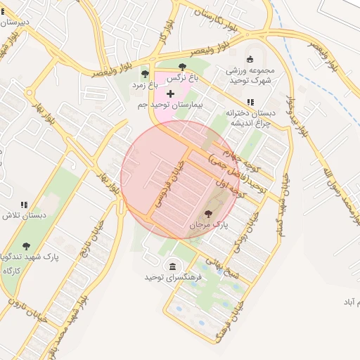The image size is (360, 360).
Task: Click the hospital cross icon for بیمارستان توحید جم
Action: pyautogui.click(x=170, y=94)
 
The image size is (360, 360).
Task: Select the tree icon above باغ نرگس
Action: pyautogui.click(x=183, y=67)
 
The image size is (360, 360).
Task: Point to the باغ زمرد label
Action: pyautogui.click(x=145, y=84)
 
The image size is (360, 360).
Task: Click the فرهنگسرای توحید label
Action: pyautogui.click(x=173, y=277)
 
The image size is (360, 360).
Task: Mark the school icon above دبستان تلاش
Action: pyautogui.click(x=24, y=205)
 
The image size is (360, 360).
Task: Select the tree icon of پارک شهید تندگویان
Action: pyautogui.click(x=26, y=246)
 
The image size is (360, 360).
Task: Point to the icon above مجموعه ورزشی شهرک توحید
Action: pyautogui.click(x=251, y=60)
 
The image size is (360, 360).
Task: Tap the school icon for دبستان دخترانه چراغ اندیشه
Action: pyautogui.click(x=251, y=103)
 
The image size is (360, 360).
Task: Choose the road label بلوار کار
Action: pyautogui.click(x=166, y=35)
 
